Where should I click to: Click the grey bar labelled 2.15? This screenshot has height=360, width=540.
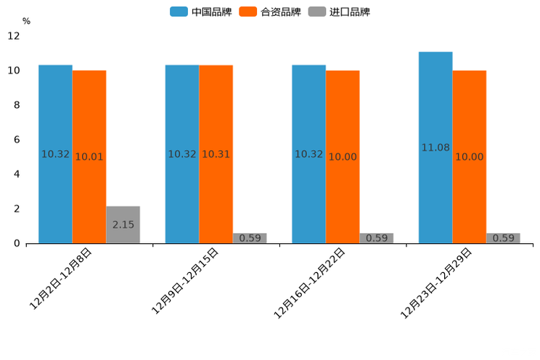pos(123,224)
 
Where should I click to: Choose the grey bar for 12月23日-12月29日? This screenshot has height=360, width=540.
pos(503,238)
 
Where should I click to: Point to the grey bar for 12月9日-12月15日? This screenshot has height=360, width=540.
pos(250,238)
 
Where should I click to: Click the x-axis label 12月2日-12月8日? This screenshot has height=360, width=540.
pos(61,279)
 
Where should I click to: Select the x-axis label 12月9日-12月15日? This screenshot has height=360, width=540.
pos(186,282)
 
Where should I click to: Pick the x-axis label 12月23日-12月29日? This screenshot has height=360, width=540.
pos(436,283)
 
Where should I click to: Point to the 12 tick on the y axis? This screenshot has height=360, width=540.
pos(14,36)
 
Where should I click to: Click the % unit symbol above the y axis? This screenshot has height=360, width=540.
pos(26,21)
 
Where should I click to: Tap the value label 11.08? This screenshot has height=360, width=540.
pos(435,147)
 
